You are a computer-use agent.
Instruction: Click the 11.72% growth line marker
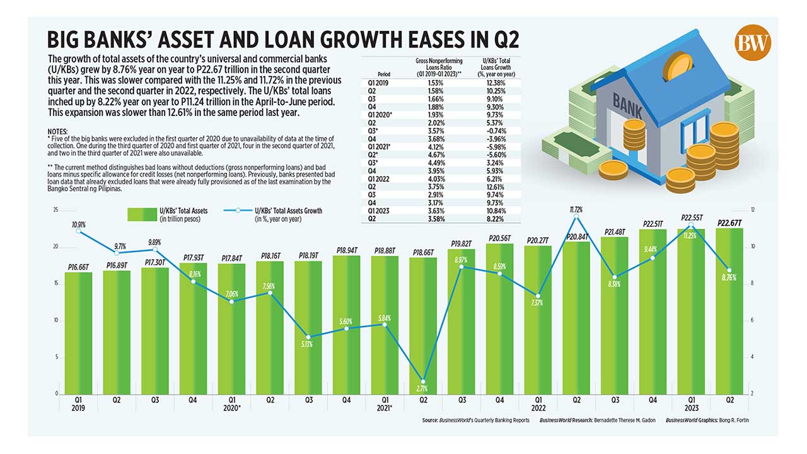point(576,218)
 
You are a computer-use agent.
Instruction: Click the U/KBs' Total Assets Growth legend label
point(288,211)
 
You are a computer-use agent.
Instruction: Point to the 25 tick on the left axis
point(55,210)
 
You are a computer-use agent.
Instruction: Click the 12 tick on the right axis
point(752,210)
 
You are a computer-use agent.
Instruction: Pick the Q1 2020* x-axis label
point(231,403)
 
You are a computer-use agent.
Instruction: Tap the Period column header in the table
point(384,74)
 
